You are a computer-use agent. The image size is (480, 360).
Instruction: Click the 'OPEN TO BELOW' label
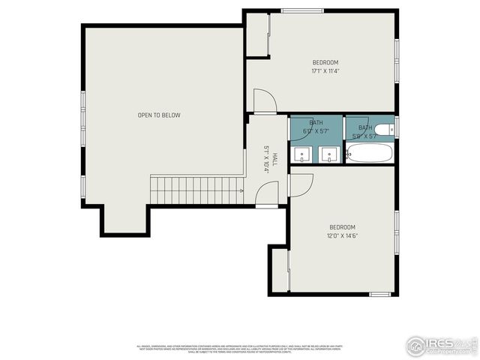click(159, 115)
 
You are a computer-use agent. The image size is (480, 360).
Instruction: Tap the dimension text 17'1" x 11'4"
click(325, 71)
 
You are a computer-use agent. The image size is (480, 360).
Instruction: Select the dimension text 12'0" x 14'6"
click(341, 236)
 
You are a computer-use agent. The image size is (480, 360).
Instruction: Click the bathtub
click(370, 153)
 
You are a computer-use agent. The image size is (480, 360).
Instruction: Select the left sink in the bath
click(301, 154)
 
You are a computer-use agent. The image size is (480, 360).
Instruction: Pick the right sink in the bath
click(328, 154)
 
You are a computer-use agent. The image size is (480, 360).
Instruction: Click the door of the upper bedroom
click(264, 101)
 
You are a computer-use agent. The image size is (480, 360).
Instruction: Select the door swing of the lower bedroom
click(301, 185)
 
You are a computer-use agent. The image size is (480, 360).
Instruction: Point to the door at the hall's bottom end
click(266, 196)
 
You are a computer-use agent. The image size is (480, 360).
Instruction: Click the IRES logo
click(442, 345)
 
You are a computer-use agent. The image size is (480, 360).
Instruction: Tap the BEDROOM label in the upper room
click(325, 62)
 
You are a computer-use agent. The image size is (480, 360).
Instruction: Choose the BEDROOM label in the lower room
click(341, 227)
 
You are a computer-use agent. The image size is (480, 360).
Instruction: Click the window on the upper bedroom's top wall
click(302, 10)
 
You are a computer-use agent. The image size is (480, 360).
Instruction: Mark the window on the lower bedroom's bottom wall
click(380, 294)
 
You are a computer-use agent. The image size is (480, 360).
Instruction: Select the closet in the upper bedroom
click(257, 34)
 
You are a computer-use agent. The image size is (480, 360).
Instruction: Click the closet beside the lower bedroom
click(280, 270)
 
